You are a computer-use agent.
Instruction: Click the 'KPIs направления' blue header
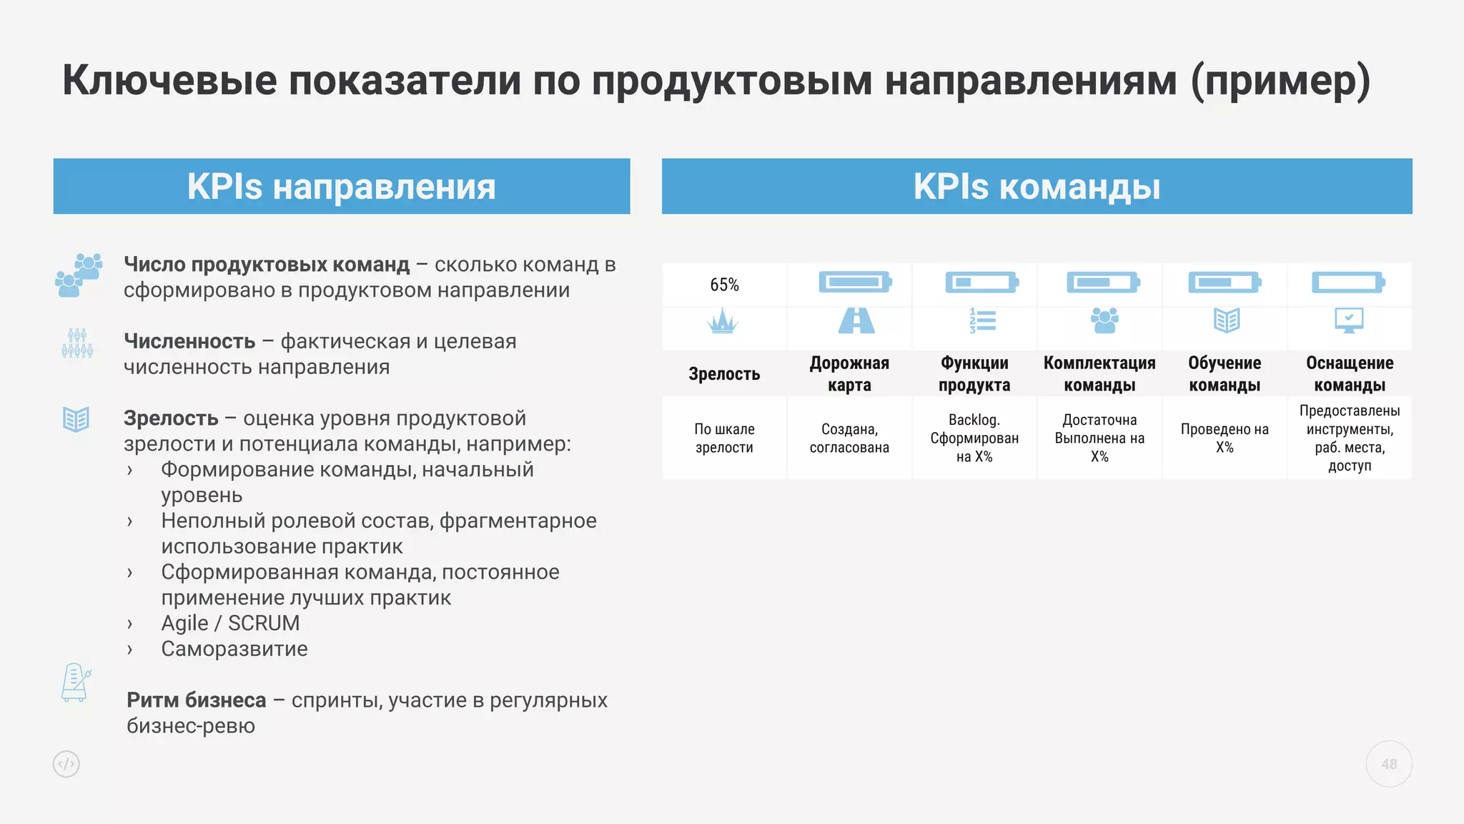(341, 187)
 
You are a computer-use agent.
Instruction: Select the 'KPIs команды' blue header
(1037, 187)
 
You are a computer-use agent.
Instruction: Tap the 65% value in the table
(724, 285)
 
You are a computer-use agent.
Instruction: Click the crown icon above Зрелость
(723, 321)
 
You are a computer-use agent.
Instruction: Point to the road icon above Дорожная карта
(856, 320)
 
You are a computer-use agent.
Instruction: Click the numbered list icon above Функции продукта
(982, 320)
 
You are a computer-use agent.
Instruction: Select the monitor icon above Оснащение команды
(1349, 320)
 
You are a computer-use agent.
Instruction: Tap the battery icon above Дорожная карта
(856, 282)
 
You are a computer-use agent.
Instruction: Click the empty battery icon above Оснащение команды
(1348, 282)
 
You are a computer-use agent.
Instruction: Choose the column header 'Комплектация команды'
(1099, 373)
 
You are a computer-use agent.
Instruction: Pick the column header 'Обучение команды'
(1225, 373)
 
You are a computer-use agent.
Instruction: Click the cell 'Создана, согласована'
(849, 438)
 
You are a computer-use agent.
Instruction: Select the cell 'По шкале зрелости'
(724, 438)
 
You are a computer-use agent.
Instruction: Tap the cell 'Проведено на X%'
(1225, 438)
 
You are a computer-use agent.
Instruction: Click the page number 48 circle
(1389, 764)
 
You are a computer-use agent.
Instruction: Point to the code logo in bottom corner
(66, 764)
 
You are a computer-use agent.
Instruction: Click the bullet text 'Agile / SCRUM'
(230, 623)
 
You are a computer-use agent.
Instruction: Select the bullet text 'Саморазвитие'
(234, 649)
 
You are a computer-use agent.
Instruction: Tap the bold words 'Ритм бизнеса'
(197, 700)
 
